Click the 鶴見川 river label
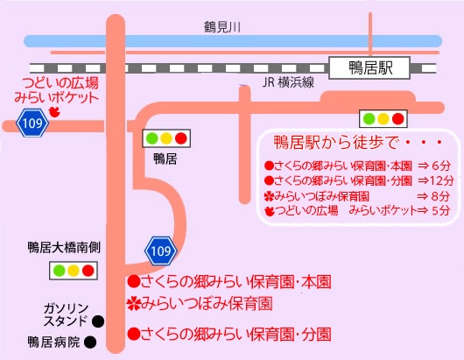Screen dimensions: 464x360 click(222, 27)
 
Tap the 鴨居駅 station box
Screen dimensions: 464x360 click(369, 67)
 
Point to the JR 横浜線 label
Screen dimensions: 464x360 click(288, 82)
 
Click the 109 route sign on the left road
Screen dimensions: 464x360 click(32, 123)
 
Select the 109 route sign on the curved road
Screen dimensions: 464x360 click(161, 251)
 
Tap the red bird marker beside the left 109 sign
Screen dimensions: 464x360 click(55, 112)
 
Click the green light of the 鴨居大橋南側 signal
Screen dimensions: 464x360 click(59, 271)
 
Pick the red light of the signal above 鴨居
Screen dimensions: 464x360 click(181, 138)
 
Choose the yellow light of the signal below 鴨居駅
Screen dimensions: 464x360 click(383, 119)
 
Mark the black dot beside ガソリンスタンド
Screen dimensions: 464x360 click(98, 321)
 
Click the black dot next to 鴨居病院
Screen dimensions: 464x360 click(90, 342)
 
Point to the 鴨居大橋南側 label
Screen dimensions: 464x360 click(64, 248)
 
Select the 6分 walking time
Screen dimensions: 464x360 click(441, 166)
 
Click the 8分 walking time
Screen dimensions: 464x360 click(441, 196)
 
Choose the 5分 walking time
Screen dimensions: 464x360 click(441, 210)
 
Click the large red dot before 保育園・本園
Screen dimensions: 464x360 click(133, 281)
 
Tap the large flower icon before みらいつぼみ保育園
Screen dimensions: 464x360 click(133, 304)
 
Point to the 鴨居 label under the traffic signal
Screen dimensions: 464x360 click(165, 159)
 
